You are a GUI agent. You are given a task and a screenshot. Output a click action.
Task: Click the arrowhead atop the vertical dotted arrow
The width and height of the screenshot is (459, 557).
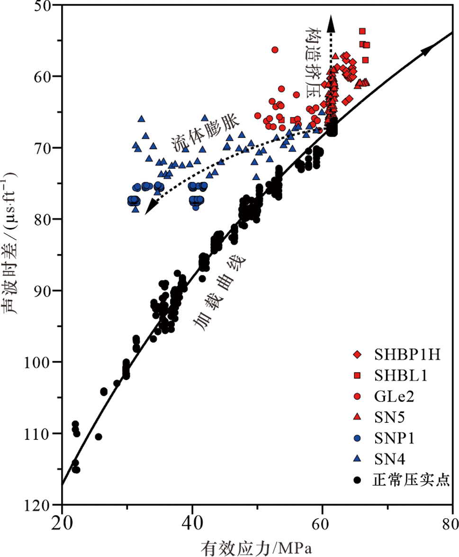331,21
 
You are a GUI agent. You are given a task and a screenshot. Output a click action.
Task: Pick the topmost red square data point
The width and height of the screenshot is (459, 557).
362,31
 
